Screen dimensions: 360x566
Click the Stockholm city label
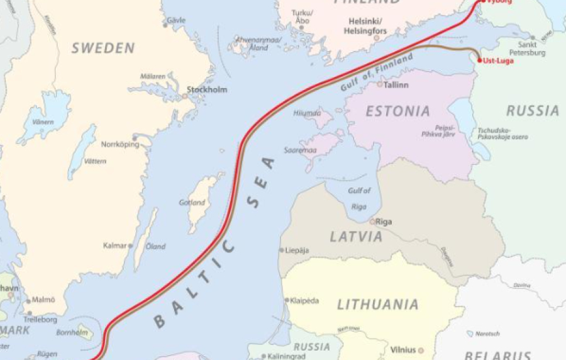(208, 90)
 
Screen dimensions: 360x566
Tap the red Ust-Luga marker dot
(479, 60)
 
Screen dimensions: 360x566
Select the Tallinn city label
(396, 84)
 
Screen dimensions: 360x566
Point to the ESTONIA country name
(398, 111)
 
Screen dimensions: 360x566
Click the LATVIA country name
(356, 237)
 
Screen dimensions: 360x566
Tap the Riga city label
(384, 222)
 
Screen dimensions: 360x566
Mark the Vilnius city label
(403, 349)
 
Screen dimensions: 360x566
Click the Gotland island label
(191, 203)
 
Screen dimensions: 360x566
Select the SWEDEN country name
(103, 48)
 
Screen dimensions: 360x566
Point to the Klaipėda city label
(305, 301)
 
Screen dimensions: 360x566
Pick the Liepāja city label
(297, 250)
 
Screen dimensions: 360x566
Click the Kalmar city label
(114, 245)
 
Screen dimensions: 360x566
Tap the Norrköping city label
(119, 144)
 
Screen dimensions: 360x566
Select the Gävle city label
(176, 20)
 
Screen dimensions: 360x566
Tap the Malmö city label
(43, 300)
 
